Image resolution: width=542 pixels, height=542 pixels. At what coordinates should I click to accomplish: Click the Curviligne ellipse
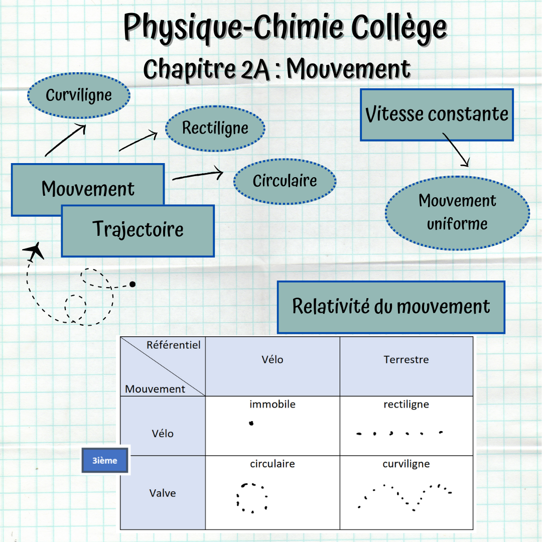[78, 95]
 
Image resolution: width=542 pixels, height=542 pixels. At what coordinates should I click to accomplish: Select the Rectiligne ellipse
[215, 128]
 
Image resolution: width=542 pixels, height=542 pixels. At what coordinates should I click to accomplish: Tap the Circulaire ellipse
[285, 181]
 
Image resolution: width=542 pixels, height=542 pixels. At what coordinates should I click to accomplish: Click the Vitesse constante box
[437, 114]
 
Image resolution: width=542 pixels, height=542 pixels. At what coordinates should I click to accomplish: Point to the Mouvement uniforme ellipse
[457, 212]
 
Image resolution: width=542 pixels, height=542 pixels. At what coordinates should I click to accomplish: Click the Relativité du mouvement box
[391, 307]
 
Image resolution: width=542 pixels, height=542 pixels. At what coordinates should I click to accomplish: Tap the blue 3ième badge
[105, 460]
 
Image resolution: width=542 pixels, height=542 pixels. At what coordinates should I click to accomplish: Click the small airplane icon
[33, 251]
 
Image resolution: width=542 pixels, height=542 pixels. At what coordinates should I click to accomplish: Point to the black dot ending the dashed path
[132, 285]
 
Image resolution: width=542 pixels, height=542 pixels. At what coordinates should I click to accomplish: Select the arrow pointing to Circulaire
[197, 176]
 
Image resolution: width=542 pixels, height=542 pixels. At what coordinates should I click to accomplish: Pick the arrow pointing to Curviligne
[66, 141]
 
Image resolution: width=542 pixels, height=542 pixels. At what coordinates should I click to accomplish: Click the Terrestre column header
[406, 360]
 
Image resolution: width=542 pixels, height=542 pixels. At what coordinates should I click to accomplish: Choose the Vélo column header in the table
[272, 360]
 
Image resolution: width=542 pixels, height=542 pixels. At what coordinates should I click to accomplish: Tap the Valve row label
[163, 493]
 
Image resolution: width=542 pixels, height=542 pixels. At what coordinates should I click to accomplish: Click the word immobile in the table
[272, 404]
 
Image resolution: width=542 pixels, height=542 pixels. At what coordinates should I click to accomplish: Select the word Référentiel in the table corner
[173, 345]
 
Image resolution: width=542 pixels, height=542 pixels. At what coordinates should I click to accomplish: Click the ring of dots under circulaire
[251, 498]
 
